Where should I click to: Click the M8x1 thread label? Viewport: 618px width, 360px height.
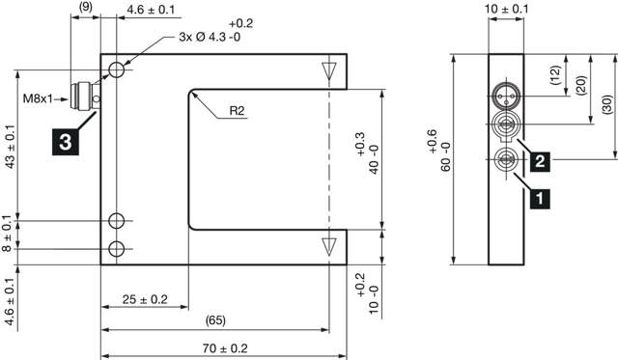tap(37, 97)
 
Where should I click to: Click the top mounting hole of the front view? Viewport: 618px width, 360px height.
tap(117, 70)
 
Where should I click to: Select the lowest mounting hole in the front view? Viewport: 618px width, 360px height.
tap(117, 250)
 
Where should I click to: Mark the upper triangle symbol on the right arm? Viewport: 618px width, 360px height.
tap(330, 69)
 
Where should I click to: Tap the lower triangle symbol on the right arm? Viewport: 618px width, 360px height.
tap(330, 243)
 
